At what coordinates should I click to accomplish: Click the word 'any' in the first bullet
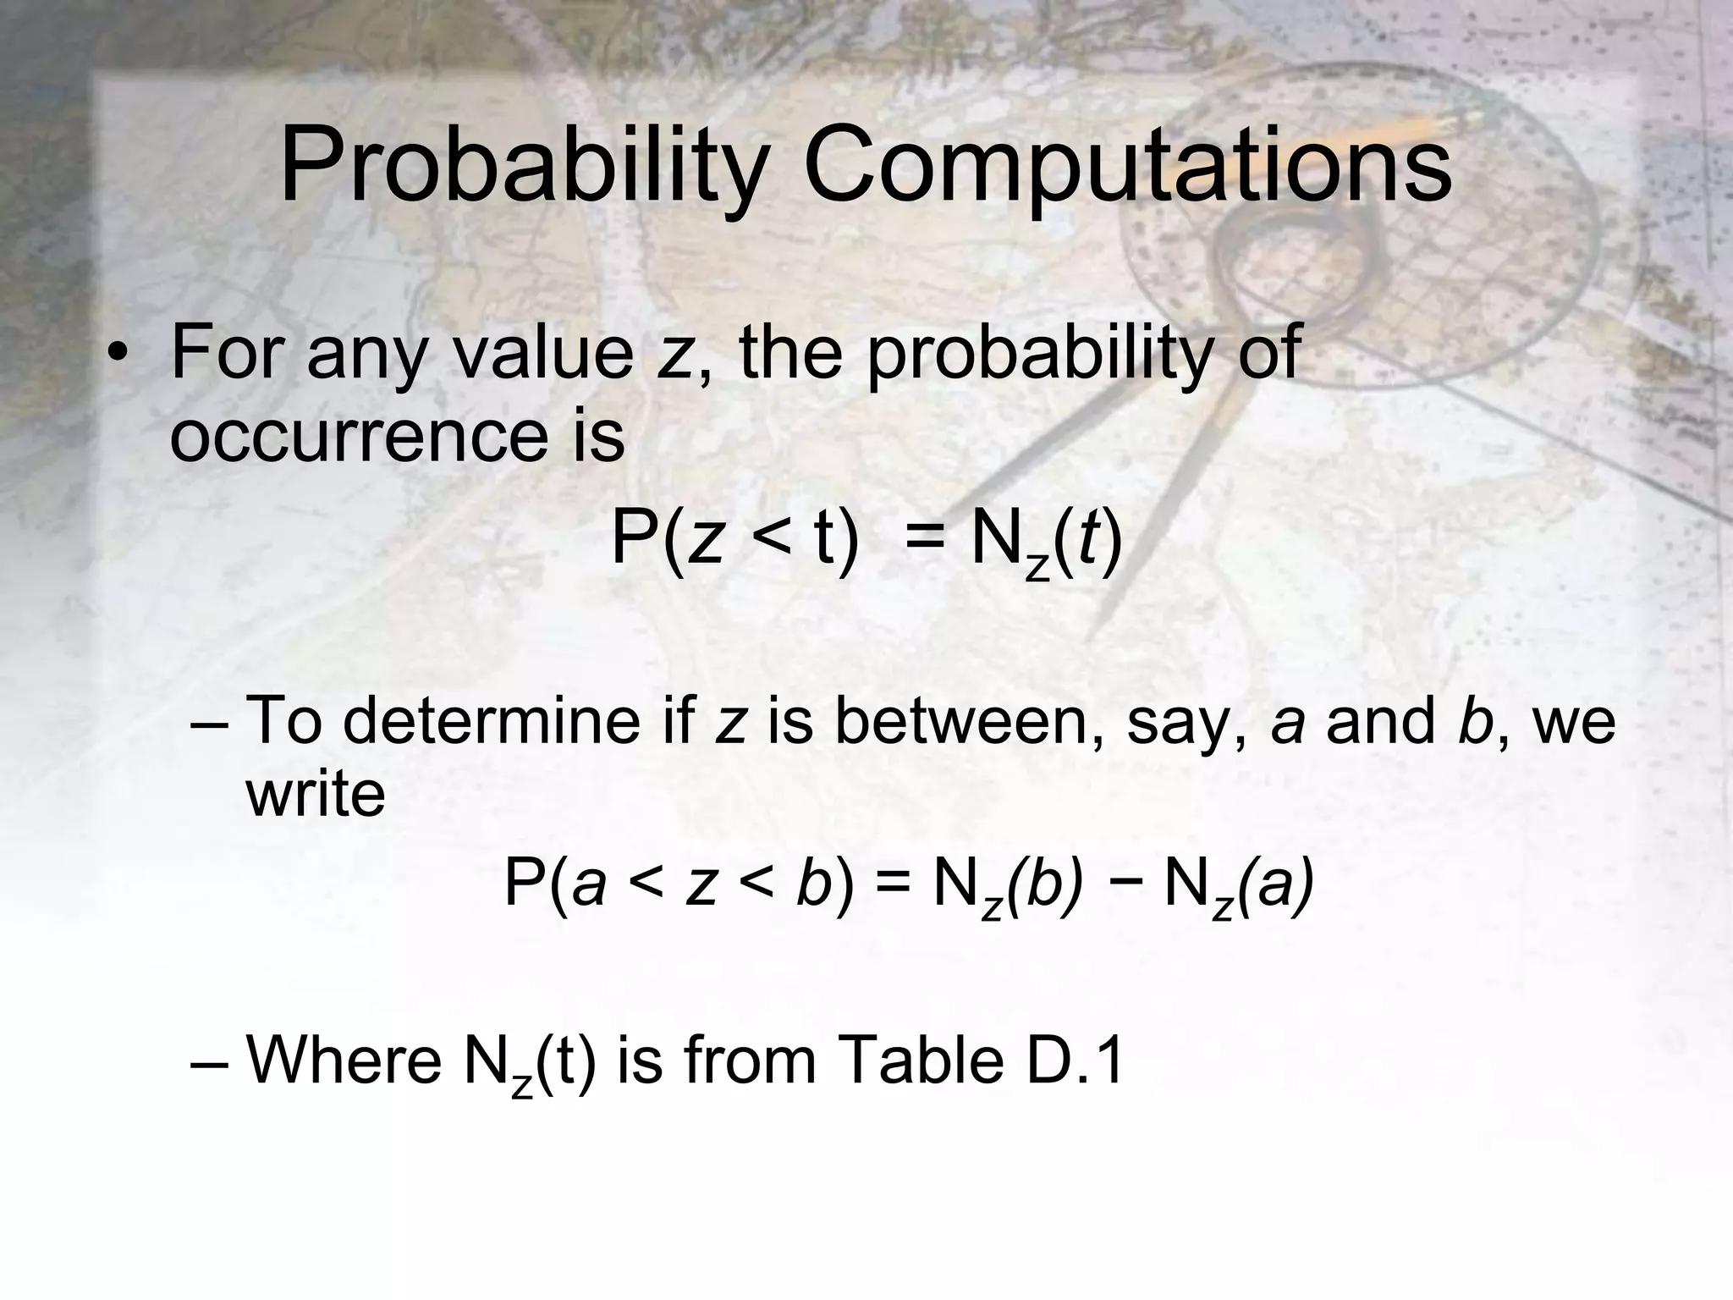click(x=366, y=355)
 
